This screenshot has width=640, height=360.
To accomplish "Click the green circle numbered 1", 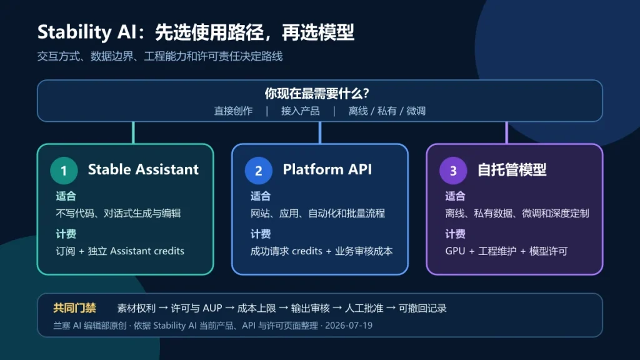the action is point(64,171).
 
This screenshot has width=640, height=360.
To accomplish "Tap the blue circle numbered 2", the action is point(258,171).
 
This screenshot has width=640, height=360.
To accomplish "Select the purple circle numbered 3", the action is point(453,171).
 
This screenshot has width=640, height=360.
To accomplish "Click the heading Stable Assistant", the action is point(143,169).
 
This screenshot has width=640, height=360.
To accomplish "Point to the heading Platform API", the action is point(327,169).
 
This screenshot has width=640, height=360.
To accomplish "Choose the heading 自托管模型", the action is point(512,170).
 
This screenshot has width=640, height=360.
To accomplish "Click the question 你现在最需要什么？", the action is point(317,94).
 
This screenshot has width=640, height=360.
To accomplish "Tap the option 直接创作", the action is point(234,111).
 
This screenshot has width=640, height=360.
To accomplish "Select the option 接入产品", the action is point(301,111).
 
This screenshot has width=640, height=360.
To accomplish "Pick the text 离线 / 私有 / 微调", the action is point(387,111).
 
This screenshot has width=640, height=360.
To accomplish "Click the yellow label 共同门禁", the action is point(75,308).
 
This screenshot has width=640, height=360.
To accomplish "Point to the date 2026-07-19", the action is point(349,326).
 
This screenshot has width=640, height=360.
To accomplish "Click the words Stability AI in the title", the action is point(86,32).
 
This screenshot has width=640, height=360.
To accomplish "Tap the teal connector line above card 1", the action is point(134,132).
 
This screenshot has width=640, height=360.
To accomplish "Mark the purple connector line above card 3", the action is point(506,132).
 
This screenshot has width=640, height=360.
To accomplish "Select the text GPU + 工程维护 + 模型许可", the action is point(506,251).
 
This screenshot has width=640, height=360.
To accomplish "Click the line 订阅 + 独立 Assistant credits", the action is point(120,251).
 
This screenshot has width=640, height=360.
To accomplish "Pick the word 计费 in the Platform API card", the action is point(261,234).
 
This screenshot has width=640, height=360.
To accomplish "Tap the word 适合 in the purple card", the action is point(455,196).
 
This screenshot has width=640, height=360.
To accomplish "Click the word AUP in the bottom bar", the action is point(212,308).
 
